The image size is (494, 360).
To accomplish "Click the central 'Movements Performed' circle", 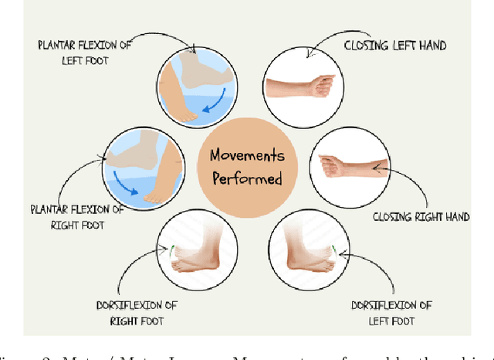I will [x=248, y=167].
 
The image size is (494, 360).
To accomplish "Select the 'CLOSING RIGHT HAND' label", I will [x=421, y=217].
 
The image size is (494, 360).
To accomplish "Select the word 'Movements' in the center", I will [x=248, y=156].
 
